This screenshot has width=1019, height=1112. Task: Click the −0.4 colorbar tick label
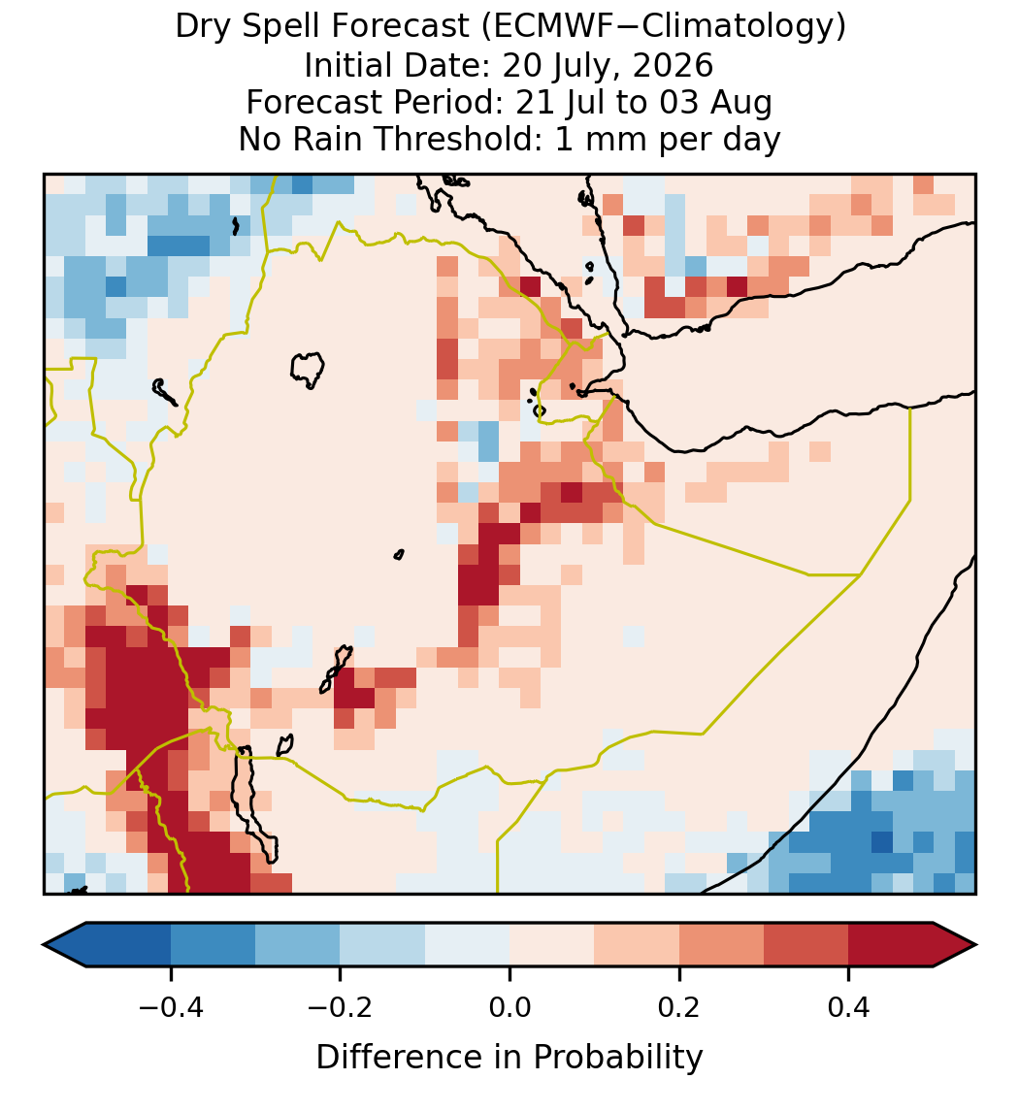[x=171, y=1006]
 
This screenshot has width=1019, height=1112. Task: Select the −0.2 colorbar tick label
[x=341, y=1006]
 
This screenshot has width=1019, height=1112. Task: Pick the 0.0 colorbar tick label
[x=509, y=1006]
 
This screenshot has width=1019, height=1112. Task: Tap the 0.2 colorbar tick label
[x=679, y=1006]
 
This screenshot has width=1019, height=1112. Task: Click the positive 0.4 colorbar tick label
[x=849, y=1006]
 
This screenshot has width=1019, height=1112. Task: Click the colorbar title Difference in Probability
[x=509, y=1057]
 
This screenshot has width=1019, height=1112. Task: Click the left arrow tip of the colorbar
[x=44, y=945]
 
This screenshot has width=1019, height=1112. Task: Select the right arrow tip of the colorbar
[x=976, y=945]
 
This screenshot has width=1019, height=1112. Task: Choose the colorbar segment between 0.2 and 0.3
[x=721, y=945]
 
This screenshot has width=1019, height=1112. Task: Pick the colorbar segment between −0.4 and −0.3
[x=213, y=945]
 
